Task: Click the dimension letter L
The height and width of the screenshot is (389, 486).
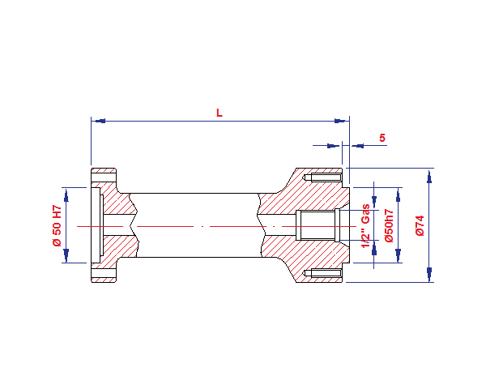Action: pyautogui.click(x=219, y=113)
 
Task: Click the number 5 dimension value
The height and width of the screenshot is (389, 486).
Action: pyautogui.click(x=382, y=138)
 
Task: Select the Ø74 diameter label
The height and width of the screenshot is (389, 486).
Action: pyautogui.click(x=420, y=225)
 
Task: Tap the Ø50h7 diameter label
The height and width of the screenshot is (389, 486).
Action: pyautogui.click(x=390, y=226)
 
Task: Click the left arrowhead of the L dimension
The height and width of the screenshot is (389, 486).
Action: pyautogui.click(x=97, y=121)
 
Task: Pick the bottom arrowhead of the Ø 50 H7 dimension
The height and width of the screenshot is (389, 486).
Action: pyautogui.click(x=67, y=257)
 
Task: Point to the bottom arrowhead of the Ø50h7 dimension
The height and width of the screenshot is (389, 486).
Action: pyautogui.click(x=398, y=257)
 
